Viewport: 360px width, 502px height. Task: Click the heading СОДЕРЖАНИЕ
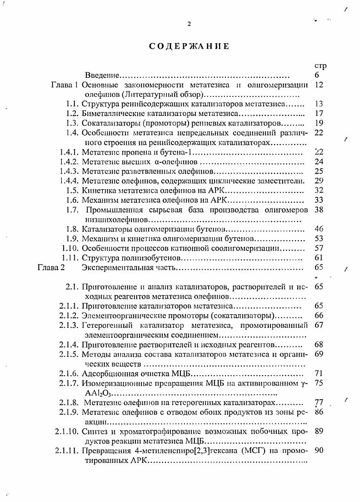point(188,46)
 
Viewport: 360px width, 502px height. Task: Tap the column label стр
point(320,66)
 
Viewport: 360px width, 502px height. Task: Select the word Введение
point(103,75)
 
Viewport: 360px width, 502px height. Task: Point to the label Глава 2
point(51,267)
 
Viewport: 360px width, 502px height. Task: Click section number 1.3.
point(72,123)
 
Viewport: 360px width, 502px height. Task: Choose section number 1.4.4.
point(69,181)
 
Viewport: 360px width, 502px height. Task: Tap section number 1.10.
point(70,248)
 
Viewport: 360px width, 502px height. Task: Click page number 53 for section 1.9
point(319,238)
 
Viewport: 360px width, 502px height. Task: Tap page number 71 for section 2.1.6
point(319,374)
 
